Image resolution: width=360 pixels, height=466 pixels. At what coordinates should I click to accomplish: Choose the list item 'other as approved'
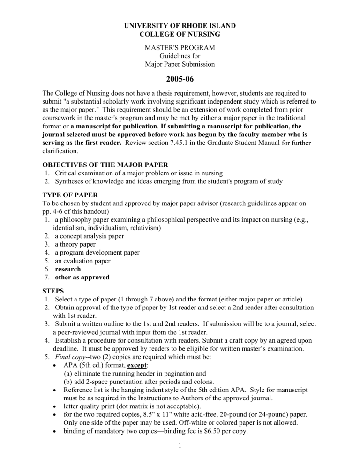tap(82, 278)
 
